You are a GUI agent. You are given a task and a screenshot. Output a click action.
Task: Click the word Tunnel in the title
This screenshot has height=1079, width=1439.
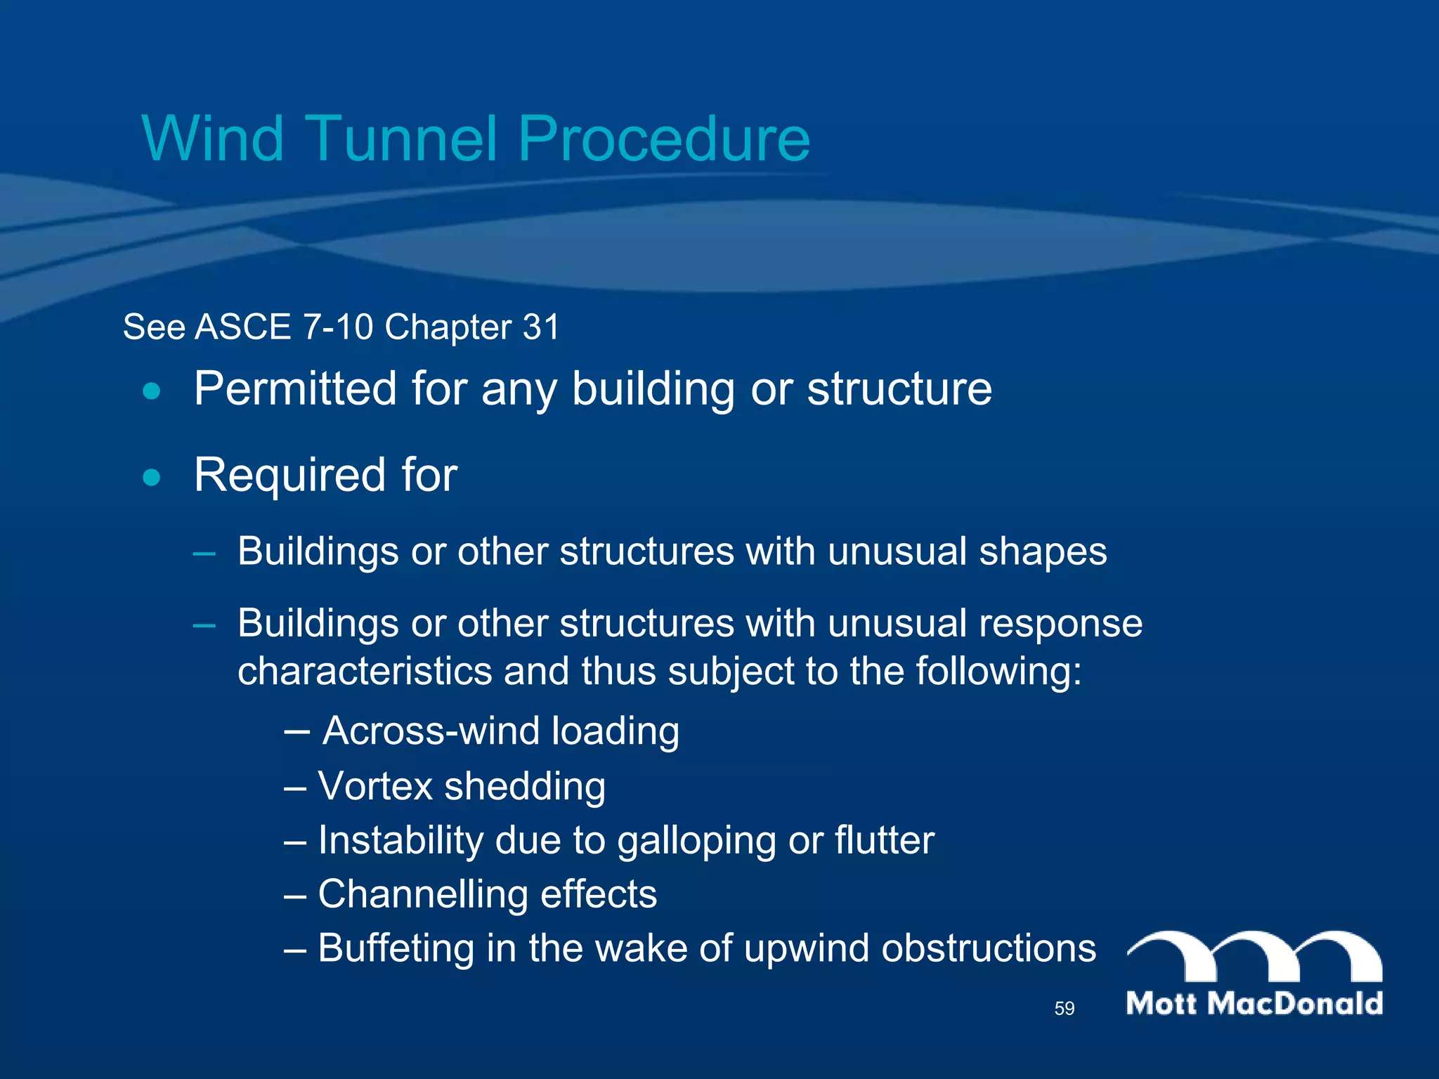click(402, 138)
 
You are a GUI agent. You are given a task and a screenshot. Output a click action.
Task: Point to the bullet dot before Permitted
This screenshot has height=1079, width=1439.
click(151, 391)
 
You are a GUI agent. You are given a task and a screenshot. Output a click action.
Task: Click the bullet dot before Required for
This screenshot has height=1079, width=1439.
click(151, 478)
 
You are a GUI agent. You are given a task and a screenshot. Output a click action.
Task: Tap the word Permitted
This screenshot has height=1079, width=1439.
click(296, 388)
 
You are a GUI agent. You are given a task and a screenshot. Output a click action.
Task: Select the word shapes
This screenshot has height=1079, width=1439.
click(1043, 552)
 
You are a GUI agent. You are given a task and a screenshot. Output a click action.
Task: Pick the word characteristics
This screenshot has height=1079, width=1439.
click(365, 672)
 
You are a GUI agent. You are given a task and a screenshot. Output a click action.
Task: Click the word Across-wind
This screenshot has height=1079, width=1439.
click(432, 731)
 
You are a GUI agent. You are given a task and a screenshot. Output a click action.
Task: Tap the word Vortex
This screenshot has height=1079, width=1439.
click(375, 786)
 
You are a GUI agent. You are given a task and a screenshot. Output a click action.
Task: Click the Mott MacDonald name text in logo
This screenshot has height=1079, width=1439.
click(1254, 1004)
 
